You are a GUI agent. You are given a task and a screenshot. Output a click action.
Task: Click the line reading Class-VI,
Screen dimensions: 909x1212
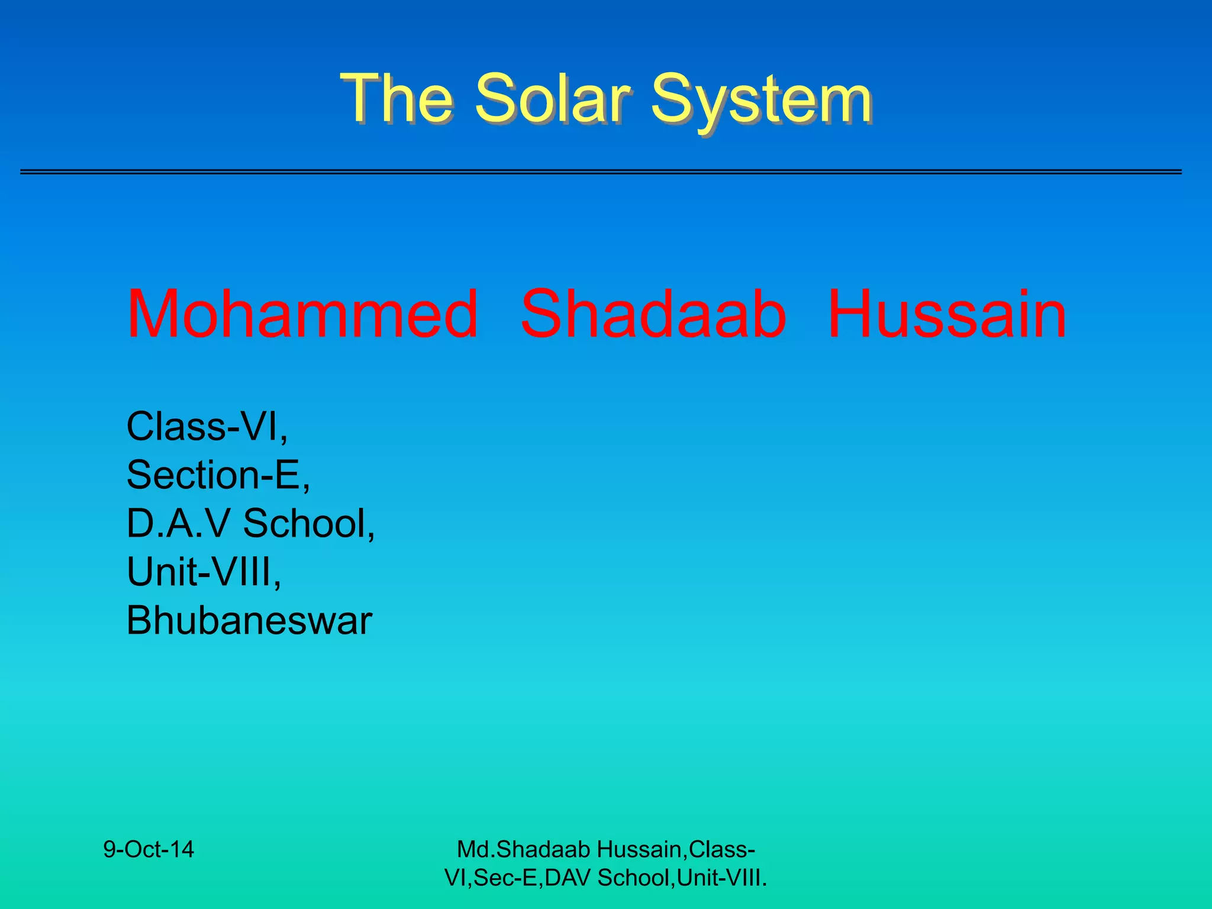[x=207, y=427]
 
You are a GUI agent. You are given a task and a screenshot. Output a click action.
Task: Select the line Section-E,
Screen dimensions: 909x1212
[x=218, y=475]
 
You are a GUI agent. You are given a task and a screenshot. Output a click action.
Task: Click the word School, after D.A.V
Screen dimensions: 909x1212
[x=309, y=524]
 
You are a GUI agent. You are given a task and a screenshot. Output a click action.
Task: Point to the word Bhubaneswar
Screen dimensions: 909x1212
[x=249, y=621]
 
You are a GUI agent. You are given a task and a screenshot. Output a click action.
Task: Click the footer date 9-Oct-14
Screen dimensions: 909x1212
[x=149, y=850]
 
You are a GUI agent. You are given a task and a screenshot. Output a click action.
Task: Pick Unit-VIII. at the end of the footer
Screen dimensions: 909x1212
[x=722, y=878]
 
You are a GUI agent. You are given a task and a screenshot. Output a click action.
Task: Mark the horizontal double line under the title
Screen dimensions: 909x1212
[x=601, y=172]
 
